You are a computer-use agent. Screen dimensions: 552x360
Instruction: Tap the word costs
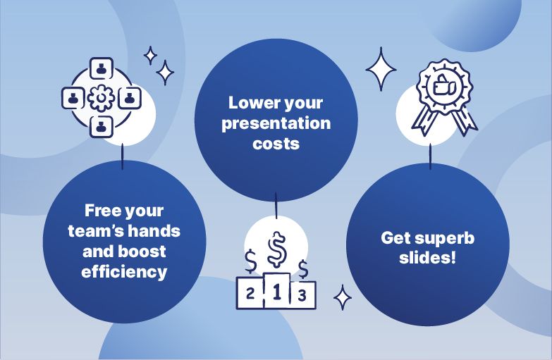point(276,144)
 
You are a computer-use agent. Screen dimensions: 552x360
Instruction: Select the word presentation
point(276,124)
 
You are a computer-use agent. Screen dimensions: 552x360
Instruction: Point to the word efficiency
point(124,272)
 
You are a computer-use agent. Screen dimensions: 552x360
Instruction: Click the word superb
point(445,239)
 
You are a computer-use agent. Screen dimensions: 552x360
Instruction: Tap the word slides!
point(427,258)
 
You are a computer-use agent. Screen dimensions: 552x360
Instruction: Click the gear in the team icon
point(101,98)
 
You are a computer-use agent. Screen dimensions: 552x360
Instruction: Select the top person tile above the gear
point(102,68)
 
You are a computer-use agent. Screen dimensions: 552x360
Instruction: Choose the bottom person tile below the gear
point(102,126)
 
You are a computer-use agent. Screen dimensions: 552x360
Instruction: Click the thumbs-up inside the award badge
point(444,85)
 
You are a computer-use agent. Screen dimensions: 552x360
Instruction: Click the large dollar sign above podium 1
point(277,249)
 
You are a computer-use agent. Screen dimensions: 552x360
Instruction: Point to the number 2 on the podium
point(250,293)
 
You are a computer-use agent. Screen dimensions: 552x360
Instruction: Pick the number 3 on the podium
point(302,296)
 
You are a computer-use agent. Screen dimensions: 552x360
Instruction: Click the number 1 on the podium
point(276,292)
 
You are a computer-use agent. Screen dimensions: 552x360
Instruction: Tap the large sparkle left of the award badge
point(381,69)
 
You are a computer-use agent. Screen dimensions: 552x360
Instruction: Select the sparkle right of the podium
point(342,298)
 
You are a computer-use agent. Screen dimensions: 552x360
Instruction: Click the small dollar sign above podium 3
point(303,269)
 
